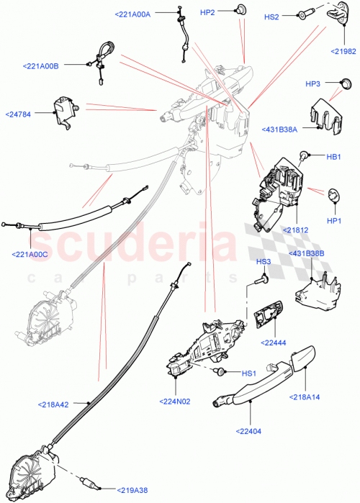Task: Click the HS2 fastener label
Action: [x=271, y=16]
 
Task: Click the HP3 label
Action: [x=312, y=84]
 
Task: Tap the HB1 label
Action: [x=333, y=156]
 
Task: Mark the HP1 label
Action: [x=333, y=220]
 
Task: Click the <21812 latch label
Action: [x=296, y=230]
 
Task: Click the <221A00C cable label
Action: [x=30, y=253]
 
